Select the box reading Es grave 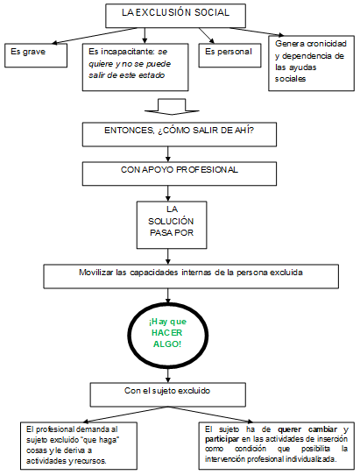(36, 53)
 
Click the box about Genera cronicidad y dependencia (312, 60)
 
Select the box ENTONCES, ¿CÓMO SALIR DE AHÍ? (179, 135)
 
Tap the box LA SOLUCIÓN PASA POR (172, 223)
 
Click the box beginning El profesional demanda (81, 445)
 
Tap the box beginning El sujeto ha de (276, 443)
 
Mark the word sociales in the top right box (291, 80)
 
